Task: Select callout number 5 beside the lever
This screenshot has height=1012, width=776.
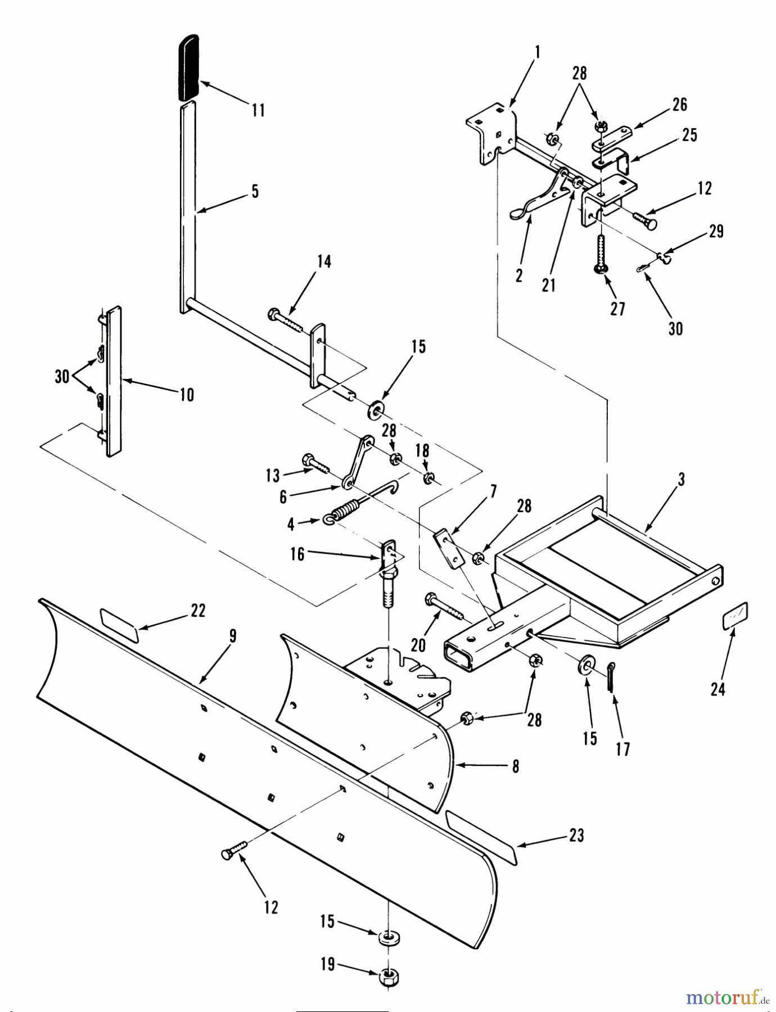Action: pos(255,192)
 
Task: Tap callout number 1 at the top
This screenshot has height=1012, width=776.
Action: pos(537,53)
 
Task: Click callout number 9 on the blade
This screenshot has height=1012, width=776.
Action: pos(232,636)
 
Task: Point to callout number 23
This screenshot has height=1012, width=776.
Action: pos(576,835)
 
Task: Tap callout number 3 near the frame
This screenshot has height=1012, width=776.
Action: pos(681,480)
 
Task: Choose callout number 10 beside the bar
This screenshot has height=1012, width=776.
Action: pos(187,395)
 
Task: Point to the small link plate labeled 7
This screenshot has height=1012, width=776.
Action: pos(448,548)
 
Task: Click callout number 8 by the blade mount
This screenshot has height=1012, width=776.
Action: pos(516,766)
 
